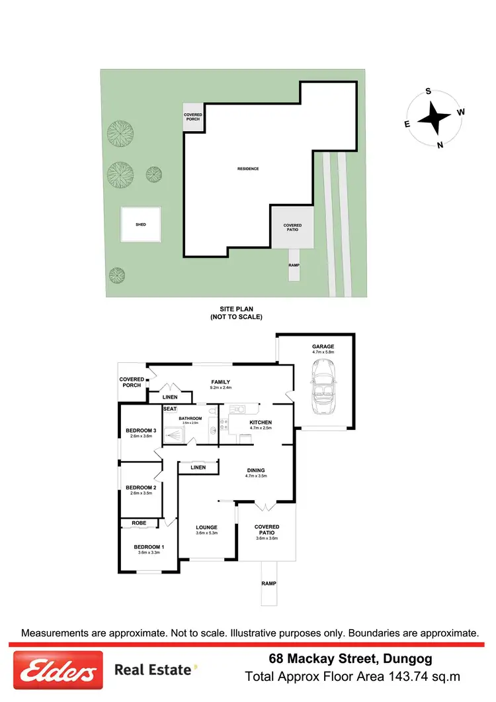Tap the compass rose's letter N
[x=440, y=146]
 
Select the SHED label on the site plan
[x=140, y=225]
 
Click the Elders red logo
[x=58, y=670]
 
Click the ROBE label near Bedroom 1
[x=139, y=523]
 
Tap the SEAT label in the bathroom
[x=169, y=409]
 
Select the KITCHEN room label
[x=260, y=423]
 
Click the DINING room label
[x=255, y=470]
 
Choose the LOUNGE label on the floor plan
[x=206, y=527]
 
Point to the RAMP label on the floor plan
[x=269, y=583]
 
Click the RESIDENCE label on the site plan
[x=248, y=169]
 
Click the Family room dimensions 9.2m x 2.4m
[x=220, y=388]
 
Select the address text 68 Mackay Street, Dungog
[x=351, y=659]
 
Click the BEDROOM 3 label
[x=140, y=430]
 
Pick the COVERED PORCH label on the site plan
[x=192, y=117]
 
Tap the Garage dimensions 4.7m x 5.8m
[x=323, y=352]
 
